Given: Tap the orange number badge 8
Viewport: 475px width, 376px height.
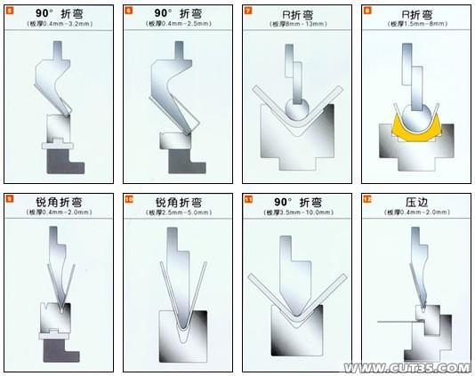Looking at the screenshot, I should (x=367, y=12).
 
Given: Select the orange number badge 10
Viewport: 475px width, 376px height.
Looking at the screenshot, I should (x=129, y=199).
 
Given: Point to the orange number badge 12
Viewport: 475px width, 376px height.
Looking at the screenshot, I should (x=367, y=199).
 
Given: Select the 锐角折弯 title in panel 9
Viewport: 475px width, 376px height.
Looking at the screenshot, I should (x=59, y=203).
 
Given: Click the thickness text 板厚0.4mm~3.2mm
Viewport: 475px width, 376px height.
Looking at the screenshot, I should (x=59, y=27).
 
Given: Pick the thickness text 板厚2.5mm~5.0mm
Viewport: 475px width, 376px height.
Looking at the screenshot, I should (x=179, y=213).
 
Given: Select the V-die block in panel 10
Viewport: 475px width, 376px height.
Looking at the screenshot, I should (x=178, y=338).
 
